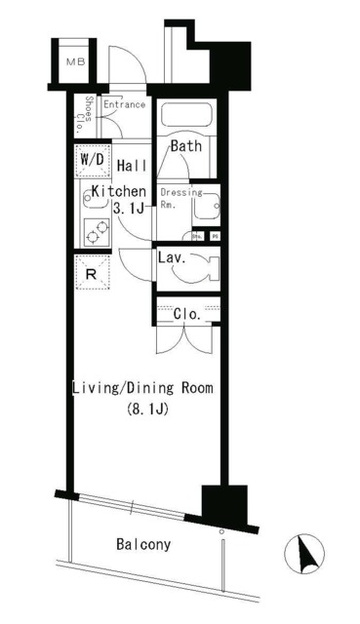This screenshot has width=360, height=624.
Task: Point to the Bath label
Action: point(186,146)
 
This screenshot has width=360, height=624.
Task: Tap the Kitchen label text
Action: point(119,191)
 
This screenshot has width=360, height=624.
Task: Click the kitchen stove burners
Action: point(96,231)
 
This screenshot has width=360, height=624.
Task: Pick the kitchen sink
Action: point(96,200)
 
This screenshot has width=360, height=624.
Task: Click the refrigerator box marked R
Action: point(92,273)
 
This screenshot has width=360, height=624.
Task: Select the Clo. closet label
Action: point(187,314)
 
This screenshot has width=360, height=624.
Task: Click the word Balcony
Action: point(142,545)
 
